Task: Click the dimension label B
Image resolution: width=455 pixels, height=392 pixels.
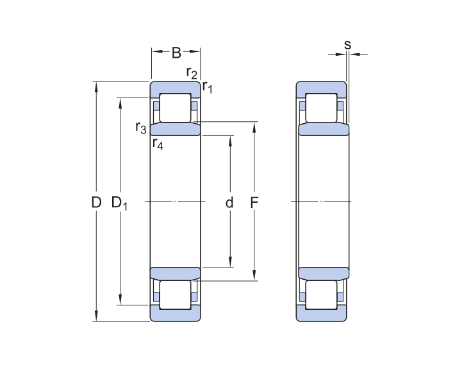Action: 176,53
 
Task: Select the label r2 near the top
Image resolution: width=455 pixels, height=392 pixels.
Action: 192,72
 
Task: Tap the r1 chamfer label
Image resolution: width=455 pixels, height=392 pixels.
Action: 207,86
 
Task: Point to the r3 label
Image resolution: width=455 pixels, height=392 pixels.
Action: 141,127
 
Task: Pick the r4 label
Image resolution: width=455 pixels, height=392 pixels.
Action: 158,144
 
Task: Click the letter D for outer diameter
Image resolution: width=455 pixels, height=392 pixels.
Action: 96,203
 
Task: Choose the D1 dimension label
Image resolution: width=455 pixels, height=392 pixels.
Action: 119,203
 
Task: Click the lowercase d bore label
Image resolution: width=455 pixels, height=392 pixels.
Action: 229,203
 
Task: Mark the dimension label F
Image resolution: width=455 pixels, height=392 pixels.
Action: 254,203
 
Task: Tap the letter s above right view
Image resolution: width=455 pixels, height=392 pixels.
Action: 347,45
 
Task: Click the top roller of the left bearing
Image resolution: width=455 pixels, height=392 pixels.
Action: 176,108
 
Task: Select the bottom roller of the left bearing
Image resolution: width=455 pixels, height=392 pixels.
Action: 176,294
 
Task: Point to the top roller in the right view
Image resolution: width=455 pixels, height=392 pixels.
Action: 321,108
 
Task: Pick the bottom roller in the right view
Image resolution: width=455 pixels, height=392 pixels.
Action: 321,294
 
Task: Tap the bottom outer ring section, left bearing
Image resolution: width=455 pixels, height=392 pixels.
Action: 176,314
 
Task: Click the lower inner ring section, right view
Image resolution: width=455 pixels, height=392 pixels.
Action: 324,273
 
